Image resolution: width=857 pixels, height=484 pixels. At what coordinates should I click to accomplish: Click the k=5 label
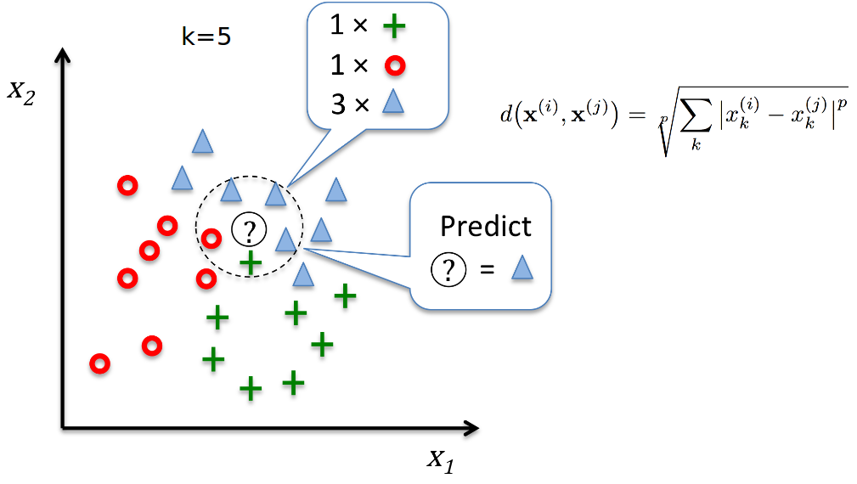click(206, 38)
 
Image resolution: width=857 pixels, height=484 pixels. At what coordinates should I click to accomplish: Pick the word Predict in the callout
click(485, 227)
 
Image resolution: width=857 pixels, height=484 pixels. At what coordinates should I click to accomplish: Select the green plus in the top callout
click(393, 26)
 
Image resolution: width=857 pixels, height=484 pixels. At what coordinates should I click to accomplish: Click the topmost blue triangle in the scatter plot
click(201, 141)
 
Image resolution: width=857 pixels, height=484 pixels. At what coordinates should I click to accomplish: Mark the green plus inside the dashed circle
click(250, 262)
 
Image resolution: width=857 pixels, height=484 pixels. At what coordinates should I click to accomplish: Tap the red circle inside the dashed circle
click(211, 238)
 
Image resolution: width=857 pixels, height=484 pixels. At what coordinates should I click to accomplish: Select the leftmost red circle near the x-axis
click(100, 364)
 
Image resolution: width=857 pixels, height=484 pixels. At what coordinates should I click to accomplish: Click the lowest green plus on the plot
click(250, 389)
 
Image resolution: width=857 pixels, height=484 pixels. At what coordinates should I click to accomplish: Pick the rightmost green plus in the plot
click(344, 295)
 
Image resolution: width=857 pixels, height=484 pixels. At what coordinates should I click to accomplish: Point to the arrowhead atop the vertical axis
click(62, 55)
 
